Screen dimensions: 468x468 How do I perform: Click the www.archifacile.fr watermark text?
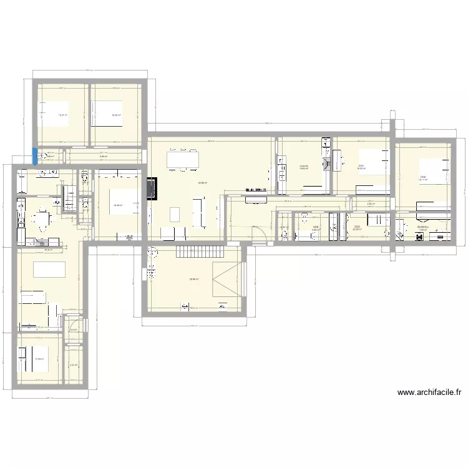pos(429,392)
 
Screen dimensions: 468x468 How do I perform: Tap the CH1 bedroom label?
pos(361,165)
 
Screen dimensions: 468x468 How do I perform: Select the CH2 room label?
pos(423,177)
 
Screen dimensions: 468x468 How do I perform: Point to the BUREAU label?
pos(423,227)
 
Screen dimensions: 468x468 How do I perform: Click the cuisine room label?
pos(303,165)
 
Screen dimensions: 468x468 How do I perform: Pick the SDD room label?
pos(357,227)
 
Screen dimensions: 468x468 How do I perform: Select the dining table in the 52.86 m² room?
pos(182,160)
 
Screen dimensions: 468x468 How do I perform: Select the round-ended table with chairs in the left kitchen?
pos(41,219)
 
